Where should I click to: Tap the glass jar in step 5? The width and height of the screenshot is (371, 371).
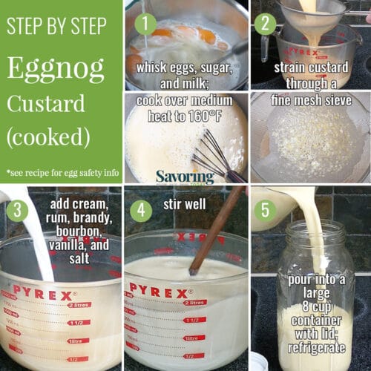(x=315, y=297)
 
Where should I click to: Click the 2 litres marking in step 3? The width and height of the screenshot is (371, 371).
(x=81, y=304)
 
